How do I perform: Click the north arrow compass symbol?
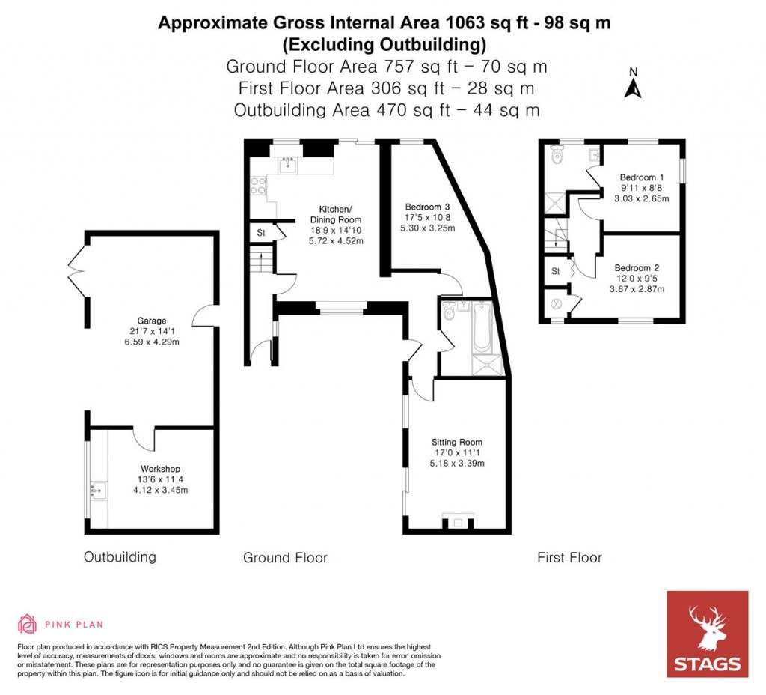pos(633,84)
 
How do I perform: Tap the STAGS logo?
pos(707,634)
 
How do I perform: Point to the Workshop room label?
pos(160,469)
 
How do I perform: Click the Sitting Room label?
pos(457,442)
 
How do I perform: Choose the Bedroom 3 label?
pos(427,207)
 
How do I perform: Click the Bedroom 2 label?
pos(637,267)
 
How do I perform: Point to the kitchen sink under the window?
pos(288,166)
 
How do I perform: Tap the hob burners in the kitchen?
pos(259,185)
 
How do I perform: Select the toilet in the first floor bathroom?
pos(555,157)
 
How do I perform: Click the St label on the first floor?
pos(556,271)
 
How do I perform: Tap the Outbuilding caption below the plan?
pos(120,557)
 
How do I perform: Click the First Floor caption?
pos(569,557)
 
